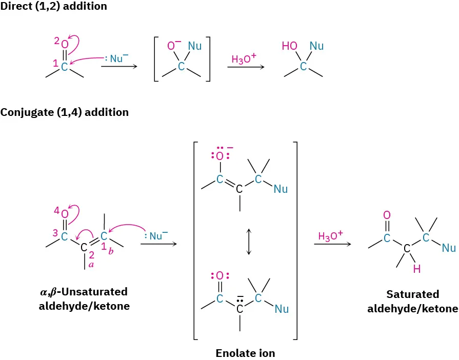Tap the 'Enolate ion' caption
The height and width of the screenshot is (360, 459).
click(x=245, y=353)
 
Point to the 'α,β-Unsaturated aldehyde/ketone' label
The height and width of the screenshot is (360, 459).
click(x=84, y=298)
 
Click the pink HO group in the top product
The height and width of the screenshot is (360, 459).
click(x=289, y=47)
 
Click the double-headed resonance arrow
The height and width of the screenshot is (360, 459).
click(x=248, y=242)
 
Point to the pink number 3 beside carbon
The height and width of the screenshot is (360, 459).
click(x=55, y=232)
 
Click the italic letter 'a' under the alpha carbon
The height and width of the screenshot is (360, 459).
click(x=92, y=265)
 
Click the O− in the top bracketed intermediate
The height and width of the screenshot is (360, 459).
click(x=174, y=47)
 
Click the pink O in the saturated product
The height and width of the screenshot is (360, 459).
click(x=387, y=215)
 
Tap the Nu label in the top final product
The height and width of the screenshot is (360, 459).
click(x=317, y=47)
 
